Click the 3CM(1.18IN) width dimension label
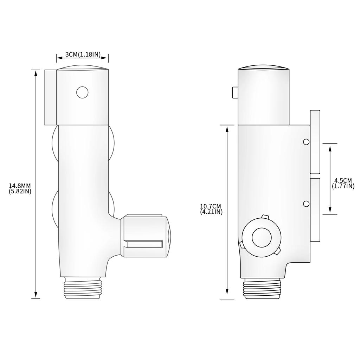coord(83,54)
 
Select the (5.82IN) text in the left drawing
coord(20,191)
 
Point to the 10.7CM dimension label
coord(211,206)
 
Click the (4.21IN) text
coord(211,212)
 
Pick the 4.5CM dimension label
coord(343,181)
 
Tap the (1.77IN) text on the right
coord(343,186)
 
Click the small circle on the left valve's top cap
coord(82,92)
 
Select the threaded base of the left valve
coord(82,288)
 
